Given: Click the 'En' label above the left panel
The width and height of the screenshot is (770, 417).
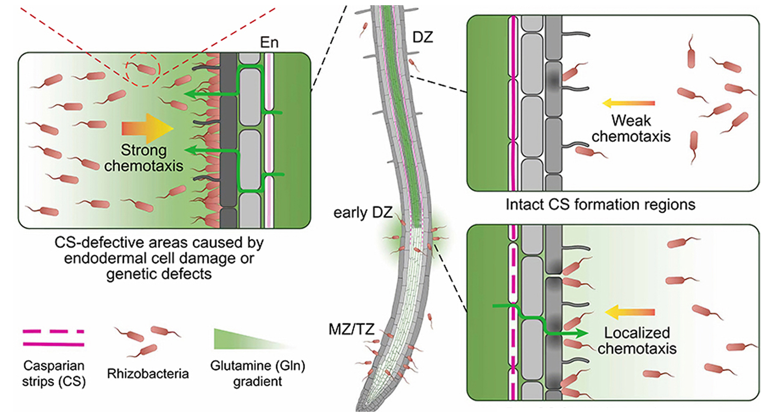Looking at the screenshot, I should pyautogui.click(x=269, y=42).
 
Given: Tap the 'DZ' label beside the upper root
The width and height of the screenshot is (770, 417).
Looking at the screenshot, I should pyautogui.click(x=422, y=37).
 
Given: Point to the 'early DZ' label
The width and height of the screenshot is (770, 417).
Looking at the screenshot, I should pyautogui.click(x=363, y=213).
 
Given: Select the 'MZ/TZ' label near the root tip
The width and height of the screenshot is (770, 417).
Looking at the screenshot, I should pyautogui.click(x=351, y=329).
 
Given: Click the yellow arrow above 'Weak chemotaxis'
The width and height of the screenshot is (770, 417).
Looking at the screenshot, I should pyautogui.click(x=628, y=103).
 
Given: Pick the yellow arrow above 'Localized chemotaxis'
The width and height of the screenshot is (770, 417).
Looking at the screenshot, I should pyautogui.click(x=630, y=312).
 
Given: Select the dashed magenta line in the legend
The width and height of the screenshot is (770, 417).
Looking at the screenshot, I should pyautogui.click(x=53, y=331).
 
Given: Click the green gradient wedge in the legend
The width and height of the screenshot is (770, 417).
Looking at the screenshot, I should pyautogui.click(x=254, y=339).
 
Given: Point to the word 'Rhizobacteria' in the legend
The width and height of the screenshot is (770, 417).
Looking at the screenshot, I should pyautogui.click(x=148, y=374).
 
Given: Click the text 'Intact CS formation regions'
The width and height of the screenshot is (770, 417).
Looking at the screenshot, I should pyautogui.click(x=600, y=204).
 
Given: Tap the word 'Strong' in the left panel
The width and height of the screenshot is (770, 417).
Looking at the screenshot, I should pyautogui.click(x=144, y=150).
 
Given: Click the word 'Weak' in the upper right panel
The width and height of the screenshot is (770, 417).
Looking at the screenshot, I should pyautogui.click(x=631, y=120).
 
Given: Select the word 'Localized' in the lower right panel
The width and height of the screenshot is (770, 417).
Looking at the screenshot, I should pyautogui.click(x=637, y=333).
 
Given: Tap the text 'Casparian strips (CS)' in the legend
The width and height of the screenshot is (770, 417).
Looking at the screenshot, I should pyautogui.click(x=54, y=374).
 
